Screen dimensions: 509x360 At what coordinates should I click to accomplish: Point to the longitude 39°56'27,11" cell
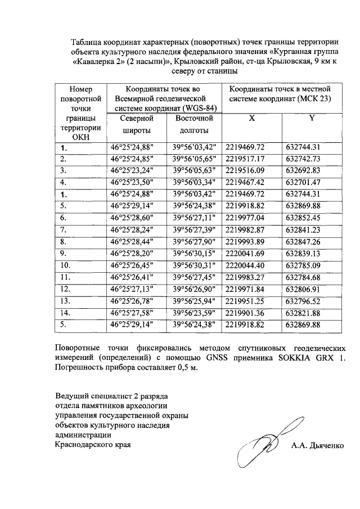click(x=194, y=217)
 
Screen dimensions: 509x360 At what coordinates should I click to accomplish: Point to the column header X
click(x=251, y=118)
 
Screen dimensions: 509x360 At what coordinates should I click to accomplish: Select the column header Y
click(x=312, y=118)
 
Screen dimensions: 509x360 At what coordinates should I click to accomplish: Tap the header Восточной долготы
click(x=194, y=124)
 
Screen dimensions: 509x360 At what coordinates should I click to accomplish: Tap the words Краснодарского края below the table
click(x=92, y=445)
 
